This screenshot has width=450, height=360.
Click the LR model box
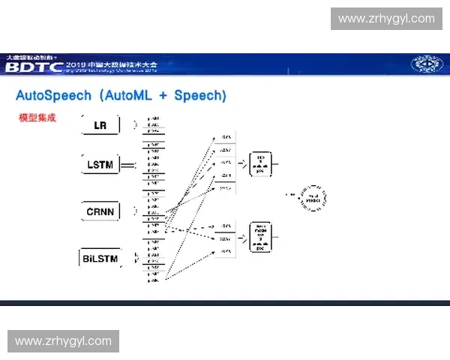[x=100, y=125]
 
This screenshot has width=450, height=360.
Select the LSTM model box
[x=100, y=164]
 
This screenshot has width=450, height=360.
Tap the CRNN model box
[x=100, y=211]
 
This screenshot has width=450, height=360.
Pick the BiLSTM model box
[x=100, y=259]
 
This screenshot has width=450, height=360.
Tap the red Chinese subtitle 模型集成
[x=37, y=118]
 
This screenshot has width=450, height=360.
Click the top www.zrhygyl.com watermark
[x=386, y=18]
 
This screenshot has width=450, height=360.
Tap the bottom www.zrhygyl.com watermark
[x=63, y=341]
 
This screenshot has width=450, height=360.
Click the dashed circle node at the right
[x=313, y=198]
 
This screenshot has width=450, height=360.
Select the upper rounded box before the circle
[x=260, y=162]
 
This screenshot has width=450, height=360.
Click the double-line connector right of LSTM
[x=128, y=164]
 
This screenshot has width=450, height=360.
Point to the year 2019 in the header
[x=78, y=64]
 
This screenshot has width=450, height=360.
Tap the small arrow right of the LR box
[x=135, y=125]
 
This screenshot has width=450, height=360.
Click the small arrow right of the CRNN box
[x=135, y=211]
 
